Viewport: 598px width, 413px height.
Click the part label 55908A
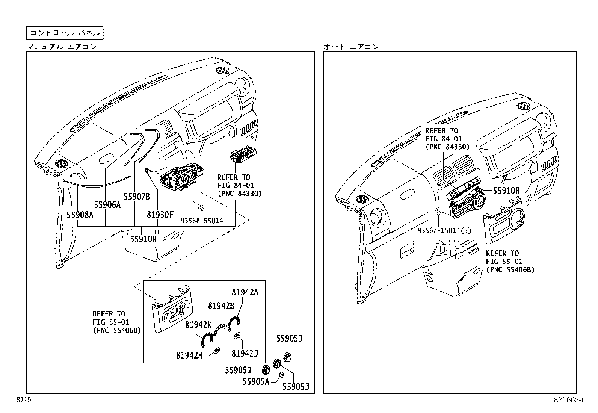point(80,215)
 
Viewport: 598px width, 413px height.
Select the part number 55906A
point(107,204)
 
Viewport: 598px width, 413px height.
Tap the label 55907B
point(137,196)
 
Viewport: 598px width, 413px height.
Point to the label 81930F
point(160,215)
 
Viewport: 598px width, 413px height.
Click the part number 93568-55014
point(202,221)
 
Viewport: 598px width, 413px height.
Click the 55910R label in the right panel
point(506,191)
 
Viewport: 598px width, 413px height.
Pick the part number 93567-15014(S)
point(444,230)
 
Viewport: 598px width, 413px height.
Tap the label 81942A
point(245,292)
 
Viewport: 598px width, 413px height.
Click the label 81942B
point(221,306)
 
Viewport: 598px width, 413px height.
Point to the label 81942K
point(198,324)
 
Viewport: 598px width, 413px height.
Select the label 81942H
point(189,354)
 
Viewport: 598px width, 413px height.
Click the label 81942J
point(245,353)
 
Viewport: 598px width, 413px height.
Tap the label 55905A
point(256,381)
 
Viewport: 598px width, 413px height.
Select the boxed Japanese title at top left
point(65,33)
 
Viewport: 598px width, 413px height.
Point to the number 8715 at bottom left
point(23,400)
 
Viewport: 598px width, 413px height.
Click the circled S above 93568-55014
point(201,207)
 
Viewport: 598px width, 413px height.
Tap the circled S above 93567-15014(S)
point(438,212)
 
